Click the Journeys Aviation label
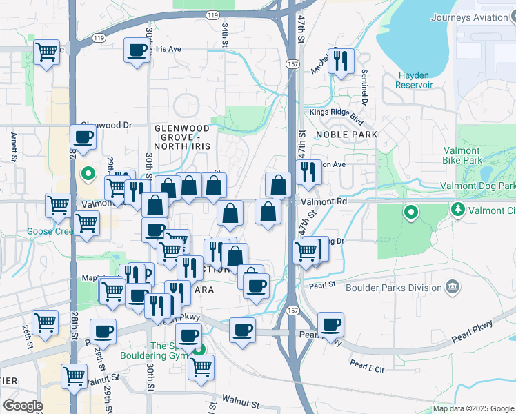pos(473,17)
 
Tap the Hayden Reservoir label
pos(414,80)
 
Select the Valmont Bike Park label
pos(462,155)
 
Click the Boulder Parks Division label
pos(390,287)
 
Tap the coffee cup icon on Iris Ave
pos(137,50)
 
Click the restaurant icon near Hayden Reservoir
pos(341,61)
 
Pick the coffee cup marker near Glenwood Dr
pos(83,137)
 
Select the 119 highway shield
pos(213,14)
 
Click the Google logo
pos(23,406)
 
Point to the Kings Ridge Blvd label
pos(337,112)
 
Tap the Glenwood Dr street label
pos(106,125)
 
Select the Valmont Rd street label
pos(324,201)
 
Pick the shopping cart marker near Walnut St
pos(74,376)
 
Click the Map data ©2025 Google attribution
pos(473,408)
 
